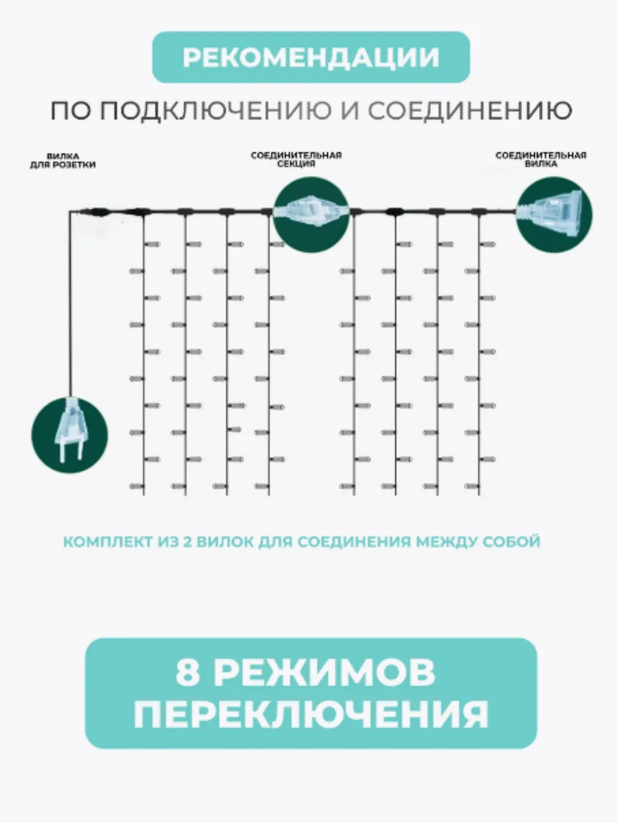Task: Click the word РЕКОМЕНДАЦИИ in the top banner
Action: (x=311, y=57)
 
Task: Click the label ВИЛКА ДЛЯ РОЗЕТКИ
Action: (x=63, y=161)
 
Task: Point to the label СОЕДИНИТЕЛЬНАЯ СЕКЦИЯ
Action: (x=296, y=159)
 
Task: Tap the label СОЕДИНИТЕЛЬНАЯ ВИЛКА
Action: (x=540, y=159)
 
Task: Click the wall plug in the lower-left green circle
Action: (x=70, y=430)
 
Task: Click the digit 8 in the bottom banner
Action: (x=187, y=673)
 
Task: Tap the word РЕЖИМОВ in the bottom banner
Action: (x=325, y=673)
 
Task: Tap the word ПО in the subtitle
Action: (x=70, y=111)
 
